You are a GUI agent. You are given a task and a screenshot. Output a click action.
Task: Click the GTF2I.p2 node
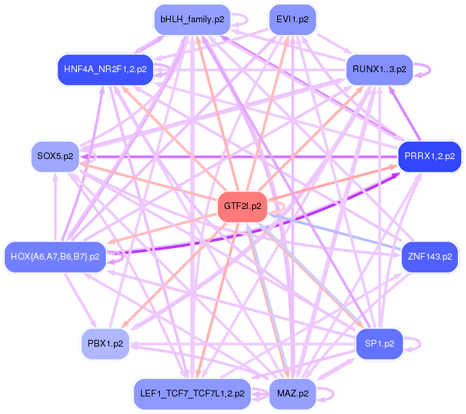click(x=243, y=206)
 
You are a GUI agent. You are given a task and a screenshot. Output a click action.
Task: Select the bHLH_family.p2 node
click(x=192, y=20)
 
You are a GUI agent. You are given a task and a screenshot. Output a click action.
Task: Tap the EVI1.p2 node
click(x=293, y=20)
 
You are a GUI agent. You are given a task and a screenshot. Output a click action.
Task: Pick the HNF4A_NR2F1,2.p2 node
click(x=105, y=69)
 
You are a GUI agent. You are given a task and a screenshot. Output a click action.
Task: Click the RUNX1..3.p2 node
click(x=380, y=69)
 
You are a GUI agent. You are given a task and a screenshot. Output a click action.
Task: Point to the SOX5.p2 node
click(x=55, y=156)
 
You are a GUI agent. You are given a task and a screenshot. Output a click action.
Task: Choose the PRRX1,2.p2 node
click(x=430, y=156)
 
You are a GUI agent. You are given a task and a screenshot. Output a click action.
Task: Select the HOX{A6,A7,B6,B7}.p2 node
click(x=55, y=257)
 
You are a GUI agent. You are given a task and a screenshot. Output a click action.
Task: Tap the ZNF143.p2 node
click(x=430, y=257)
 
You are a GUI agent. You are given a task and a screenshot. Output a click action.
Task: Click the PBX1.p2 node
click(x=105, y=344)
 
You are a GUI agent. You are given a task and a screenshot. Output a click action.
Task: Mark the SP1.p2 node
click(x=380, y=344)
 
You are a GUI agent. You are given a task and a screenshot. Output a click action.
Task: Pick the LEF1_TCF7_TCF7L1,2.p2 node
click(x=192, y=394)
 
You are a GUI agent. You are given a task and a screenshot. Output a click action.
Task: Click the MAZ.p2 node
click(x=293, y=394)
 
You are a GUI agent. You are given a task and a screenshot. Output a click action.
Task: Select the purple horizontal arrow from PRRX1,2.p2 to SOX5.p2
click(x=239, y=156)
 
